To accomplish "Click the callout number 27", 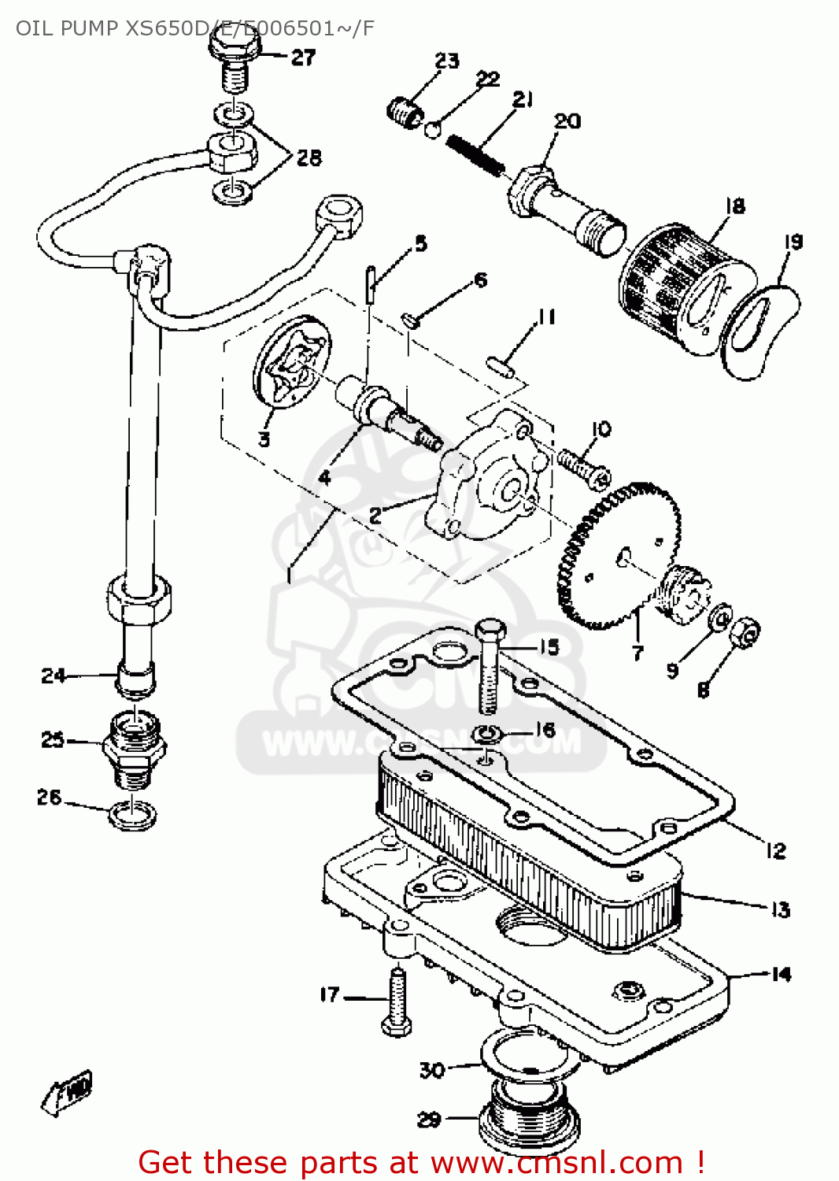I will point(303,57).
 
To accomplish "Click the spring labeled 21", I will point(475,155).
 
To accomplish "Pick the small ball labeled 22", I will point(433,128).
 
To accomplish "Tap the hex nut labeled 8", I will point(744,631).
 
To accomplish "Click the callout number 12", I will point(775,850).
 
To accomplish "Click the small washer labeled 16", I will point(487,735).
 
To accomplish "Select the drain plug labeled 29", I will point(529,1118).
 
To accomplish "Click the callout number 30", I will point(432,1069).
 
